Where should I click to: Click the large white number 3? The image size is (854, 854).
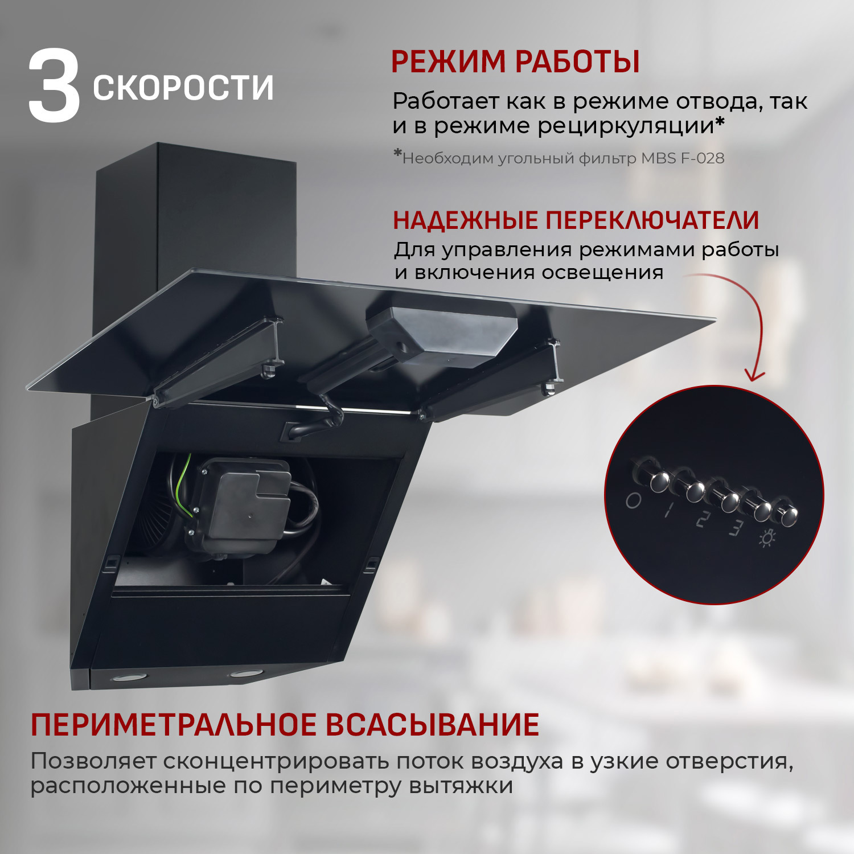point(54,87)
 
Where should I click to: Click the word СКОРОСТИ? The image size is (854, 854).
point(183,88)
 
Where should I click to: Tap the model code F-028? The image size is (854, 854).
point(702,158)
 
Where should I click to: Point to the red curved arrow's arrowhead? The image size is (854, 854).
point(755,376)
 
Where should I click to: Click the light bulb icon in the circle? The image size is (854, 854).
point(767,537)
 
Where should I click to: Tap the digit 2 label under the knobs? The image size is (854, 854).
point(704,520)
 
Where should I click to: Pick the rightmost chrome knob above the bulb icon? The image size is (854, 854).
point(789,516)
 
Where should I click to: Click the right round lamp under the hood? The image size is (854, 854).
point(243,674)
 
